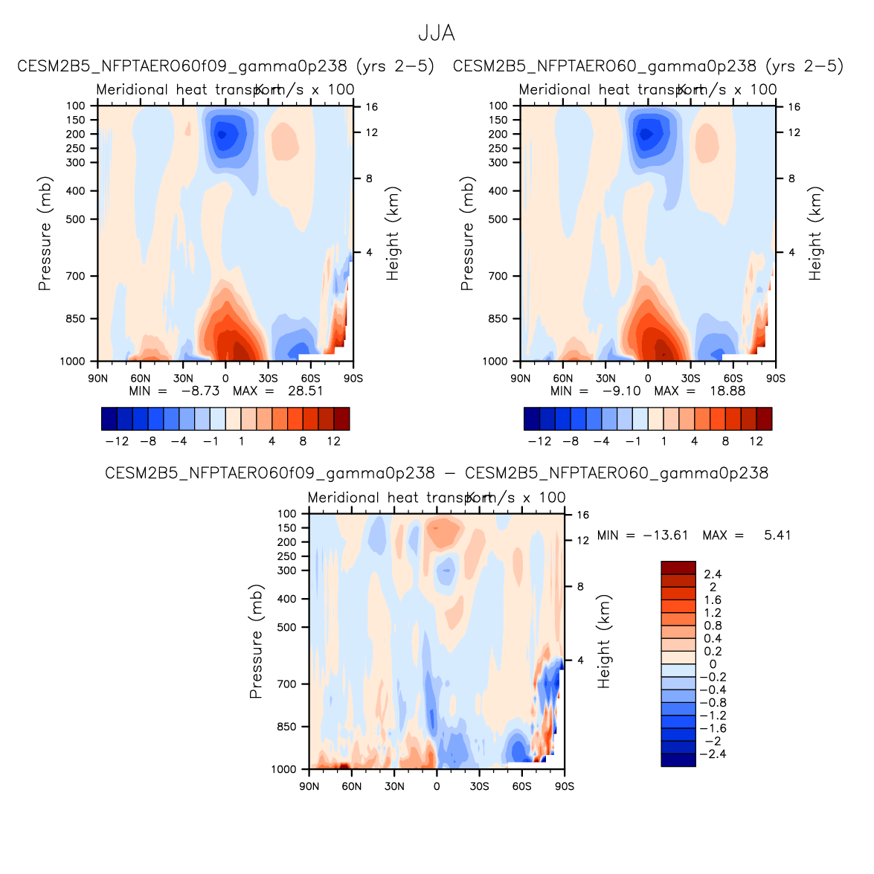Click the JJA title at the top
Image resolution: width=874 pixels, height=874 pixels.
[x=437, y=34]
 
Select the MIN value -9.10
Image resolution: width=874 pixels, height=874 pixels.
[x=620, y=391]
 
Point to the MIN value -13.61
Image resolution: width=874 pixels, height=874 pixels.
[x=668, y=536]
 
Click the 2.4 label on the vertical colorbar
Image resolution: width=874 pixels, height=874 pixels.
[x=713, y=574]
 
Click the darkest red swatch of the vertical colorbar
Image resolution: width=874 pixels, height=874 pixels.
[x=678, y=568]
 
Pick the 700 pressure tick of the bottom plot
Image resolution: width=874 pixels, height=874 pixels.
[x=287, y=684]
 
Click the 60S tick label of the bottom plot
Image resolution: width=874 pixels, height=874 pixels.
[x=521, y=786]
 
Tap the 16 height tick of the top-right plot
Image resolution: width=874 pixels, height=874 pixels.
[x=794, y=107]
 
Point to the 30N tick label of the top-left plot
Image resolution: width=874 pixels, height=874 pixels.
[x=183, y=379]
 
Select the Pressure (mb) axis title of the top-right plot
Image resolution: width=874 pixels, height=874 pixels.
[x=467, y=234]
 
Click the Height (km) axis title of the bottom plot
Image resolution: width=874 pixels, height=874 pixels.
[x=604, y=641]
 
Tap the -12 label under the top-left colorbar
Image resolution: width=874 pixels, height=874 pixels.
[x=117, y=441]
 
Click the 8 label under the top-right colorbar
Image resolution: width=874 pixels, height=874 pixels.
[x=725, y=441]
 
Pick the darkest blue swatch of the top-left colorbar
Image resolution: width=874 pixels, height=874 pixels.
[x=109, y=419]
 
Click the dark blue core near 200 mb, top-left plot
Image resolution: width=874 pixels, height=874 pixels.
[x=221, y=135]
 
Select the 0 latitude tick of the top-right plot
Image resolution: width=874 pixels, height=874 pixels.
[x=648, y=379]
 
